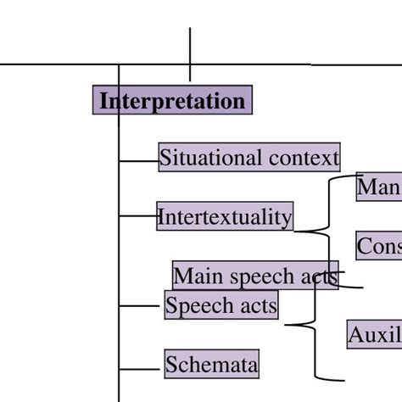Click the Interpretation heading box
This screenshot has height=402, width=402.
point(172,101)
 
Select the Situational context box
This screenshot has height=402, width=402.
point(249,158)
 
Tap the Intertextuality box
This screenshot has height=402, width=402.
point(225,217)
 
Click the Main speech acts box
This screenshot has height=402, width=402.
point(254,276)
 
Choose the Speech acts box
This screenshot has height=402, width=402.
point(221,305)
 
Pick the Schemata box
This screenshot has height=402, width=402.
point(211,366)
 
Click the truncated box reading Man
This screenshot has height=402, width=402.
point(378,187)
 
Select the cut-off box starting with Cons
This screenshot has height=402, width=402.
point(378,246)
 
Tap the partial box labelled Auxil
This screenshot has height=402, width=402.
point(374,335)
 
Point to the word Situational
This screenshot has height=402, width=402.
point(211,158)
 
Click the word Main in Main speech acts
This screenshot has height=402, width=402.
point(192,276)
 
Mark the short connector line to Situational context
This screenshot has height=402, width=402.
point(138,159)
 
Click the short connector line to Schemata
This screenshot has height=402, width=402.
point(141,369)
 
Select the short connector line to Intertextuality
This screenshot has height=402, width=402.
point(137,216)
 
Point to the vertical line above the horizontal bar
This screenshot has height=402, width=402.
point(190,47)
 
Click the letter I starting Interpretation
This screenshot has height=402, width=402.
point(103,101)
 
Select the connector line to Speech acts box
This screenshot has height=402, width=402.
point(142,304)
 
